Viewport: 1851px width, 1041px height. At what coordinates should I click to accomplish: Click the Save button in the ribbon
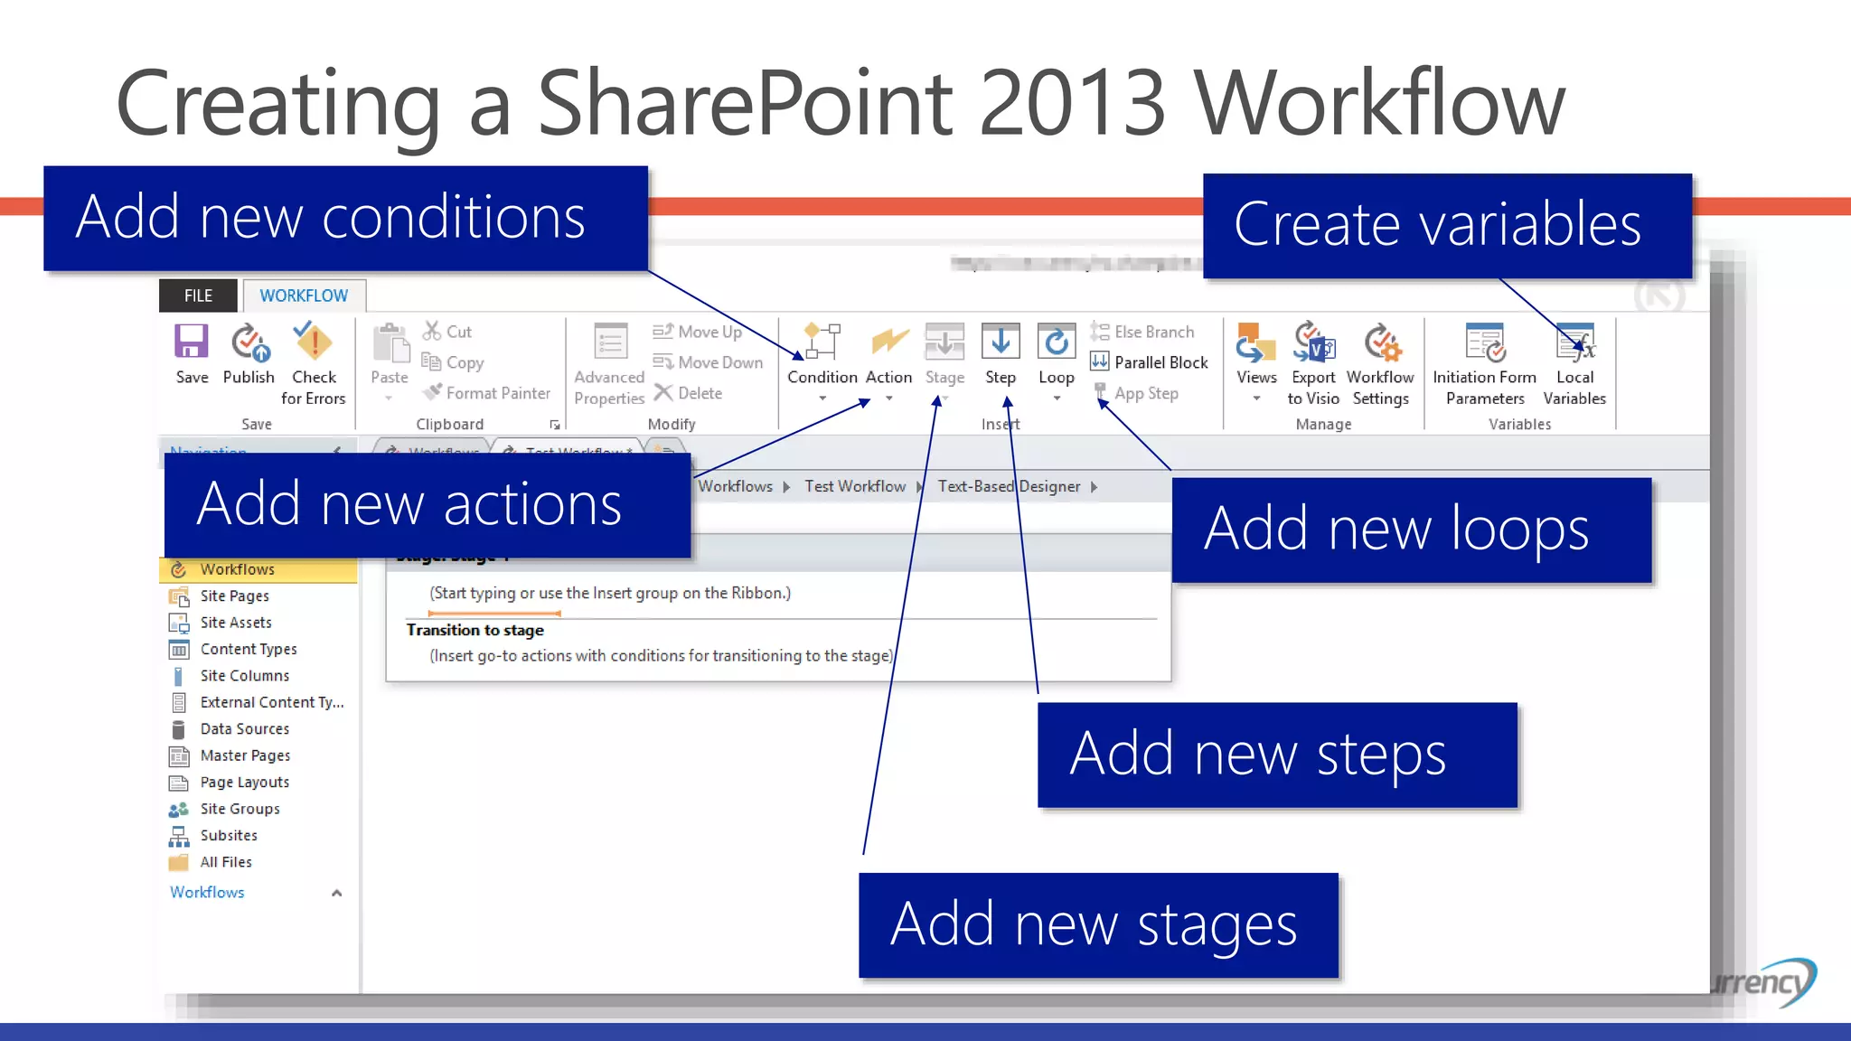pos(191,353)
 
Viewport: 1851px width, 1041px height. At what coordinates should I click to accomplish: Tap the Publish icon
pos(249,353)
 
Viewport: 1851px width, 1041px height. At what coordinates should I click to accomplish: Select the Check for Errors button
pos(314,362)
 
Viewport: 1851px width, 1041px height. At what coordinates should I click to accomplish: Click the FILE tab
pos(198,295)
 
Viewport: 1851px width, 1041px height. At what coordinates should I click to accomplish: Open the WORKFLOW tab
pos(304,295)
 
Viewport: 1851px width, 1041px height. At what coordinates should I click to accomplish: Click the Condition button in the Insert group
pos(822,358)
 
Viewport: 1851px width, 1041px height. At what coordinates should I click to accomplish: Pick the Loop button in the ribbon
pos(1056,358)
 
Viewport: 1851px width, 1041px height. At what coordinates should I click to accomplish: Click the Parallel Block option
pos(1150,362)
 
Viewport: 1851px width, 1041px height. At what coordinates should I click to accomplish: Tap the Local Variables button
pos(1574,362)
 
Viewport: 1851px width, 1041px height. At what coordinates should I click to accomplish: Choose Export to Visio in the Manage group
pos(1313,362)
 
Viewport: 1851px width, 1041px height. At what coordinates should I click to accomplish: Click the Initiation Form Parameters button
pos(1484,362)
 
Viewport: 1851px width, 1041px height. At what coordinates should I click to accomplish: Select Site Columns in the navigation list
pos(244,676)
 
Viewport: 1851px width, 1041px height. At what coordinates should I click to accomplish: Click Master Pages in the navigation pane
pos(245,755)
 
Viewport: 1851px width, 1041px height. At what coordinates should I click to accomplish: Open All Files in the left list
pos(226,862)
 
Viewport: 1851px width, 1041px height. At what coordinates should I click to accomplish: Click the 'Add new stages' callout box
pos(1098,924)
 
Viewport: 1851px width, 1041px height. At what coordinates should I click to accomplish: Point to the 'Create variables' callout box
pos(1447,225)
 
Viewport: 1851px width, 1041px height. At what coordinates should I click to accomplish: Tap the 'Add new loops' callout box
pos(1411,530)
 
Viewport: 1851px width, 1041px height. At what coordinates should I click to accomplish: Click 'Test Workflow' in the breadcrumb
pos(855,486)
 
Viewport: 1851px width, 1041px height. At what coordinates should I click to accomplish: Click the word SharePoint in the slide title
pos(746,103)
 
